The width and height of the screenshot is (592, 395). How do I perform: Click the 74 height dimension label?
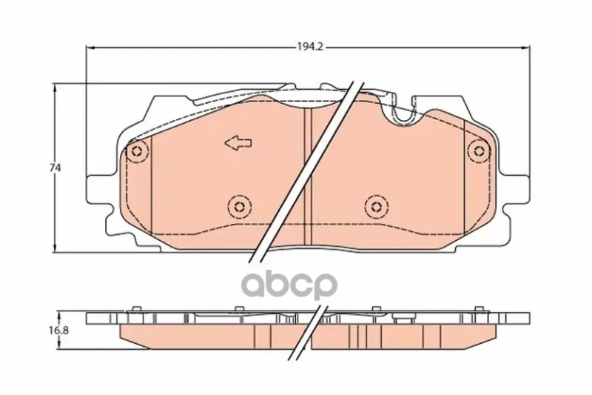[55, 167]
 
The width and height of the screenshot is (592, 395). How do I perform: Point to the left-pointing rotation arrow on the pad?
[238, 143]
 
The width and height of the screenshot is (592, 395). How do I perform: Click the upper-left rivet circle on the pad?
[137, 152]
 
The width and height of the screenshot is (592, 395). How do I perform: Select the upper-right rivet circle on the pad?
[480, 151]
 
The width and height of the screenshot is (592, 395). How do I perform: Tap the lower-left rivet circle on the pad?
[239, 206]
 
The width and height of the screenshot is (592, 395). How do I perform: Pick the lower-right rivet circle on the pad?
[377, 206]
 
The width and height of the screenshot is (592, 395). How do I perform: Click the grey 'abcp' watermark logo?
[289, 285]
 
